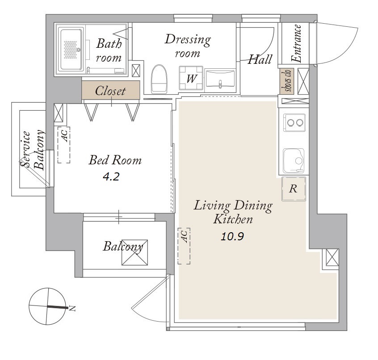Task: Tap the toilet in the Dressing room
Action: [159, 79]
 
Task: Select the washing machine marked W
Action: [191, 78]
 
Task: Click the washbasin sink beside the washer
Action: [220, 79]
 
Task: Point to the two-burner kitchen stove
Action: [294, 122]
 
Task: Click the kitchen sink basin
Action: [294, 161]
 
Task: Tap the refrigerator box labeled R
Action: [294, 188]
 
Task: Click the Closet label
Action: [110, 91]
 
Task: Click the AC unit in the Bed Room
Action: [63, 145]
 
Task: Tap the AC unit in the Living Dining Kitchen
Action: [184, 246]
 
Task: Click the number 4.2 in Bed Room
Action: [111, 177]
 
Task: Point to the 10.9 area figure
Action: [232, 237]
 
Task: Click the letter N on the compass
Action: [72, 308]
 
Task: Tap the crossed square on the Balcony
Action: [134, 252]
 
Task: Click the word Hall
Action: [260, 59]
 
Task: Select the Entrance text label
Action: [297, 44]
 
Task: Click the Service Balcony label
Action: [33, 150]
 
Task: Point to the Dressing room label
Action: [188, 46]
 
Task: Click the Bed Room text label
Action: [115, 160]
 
